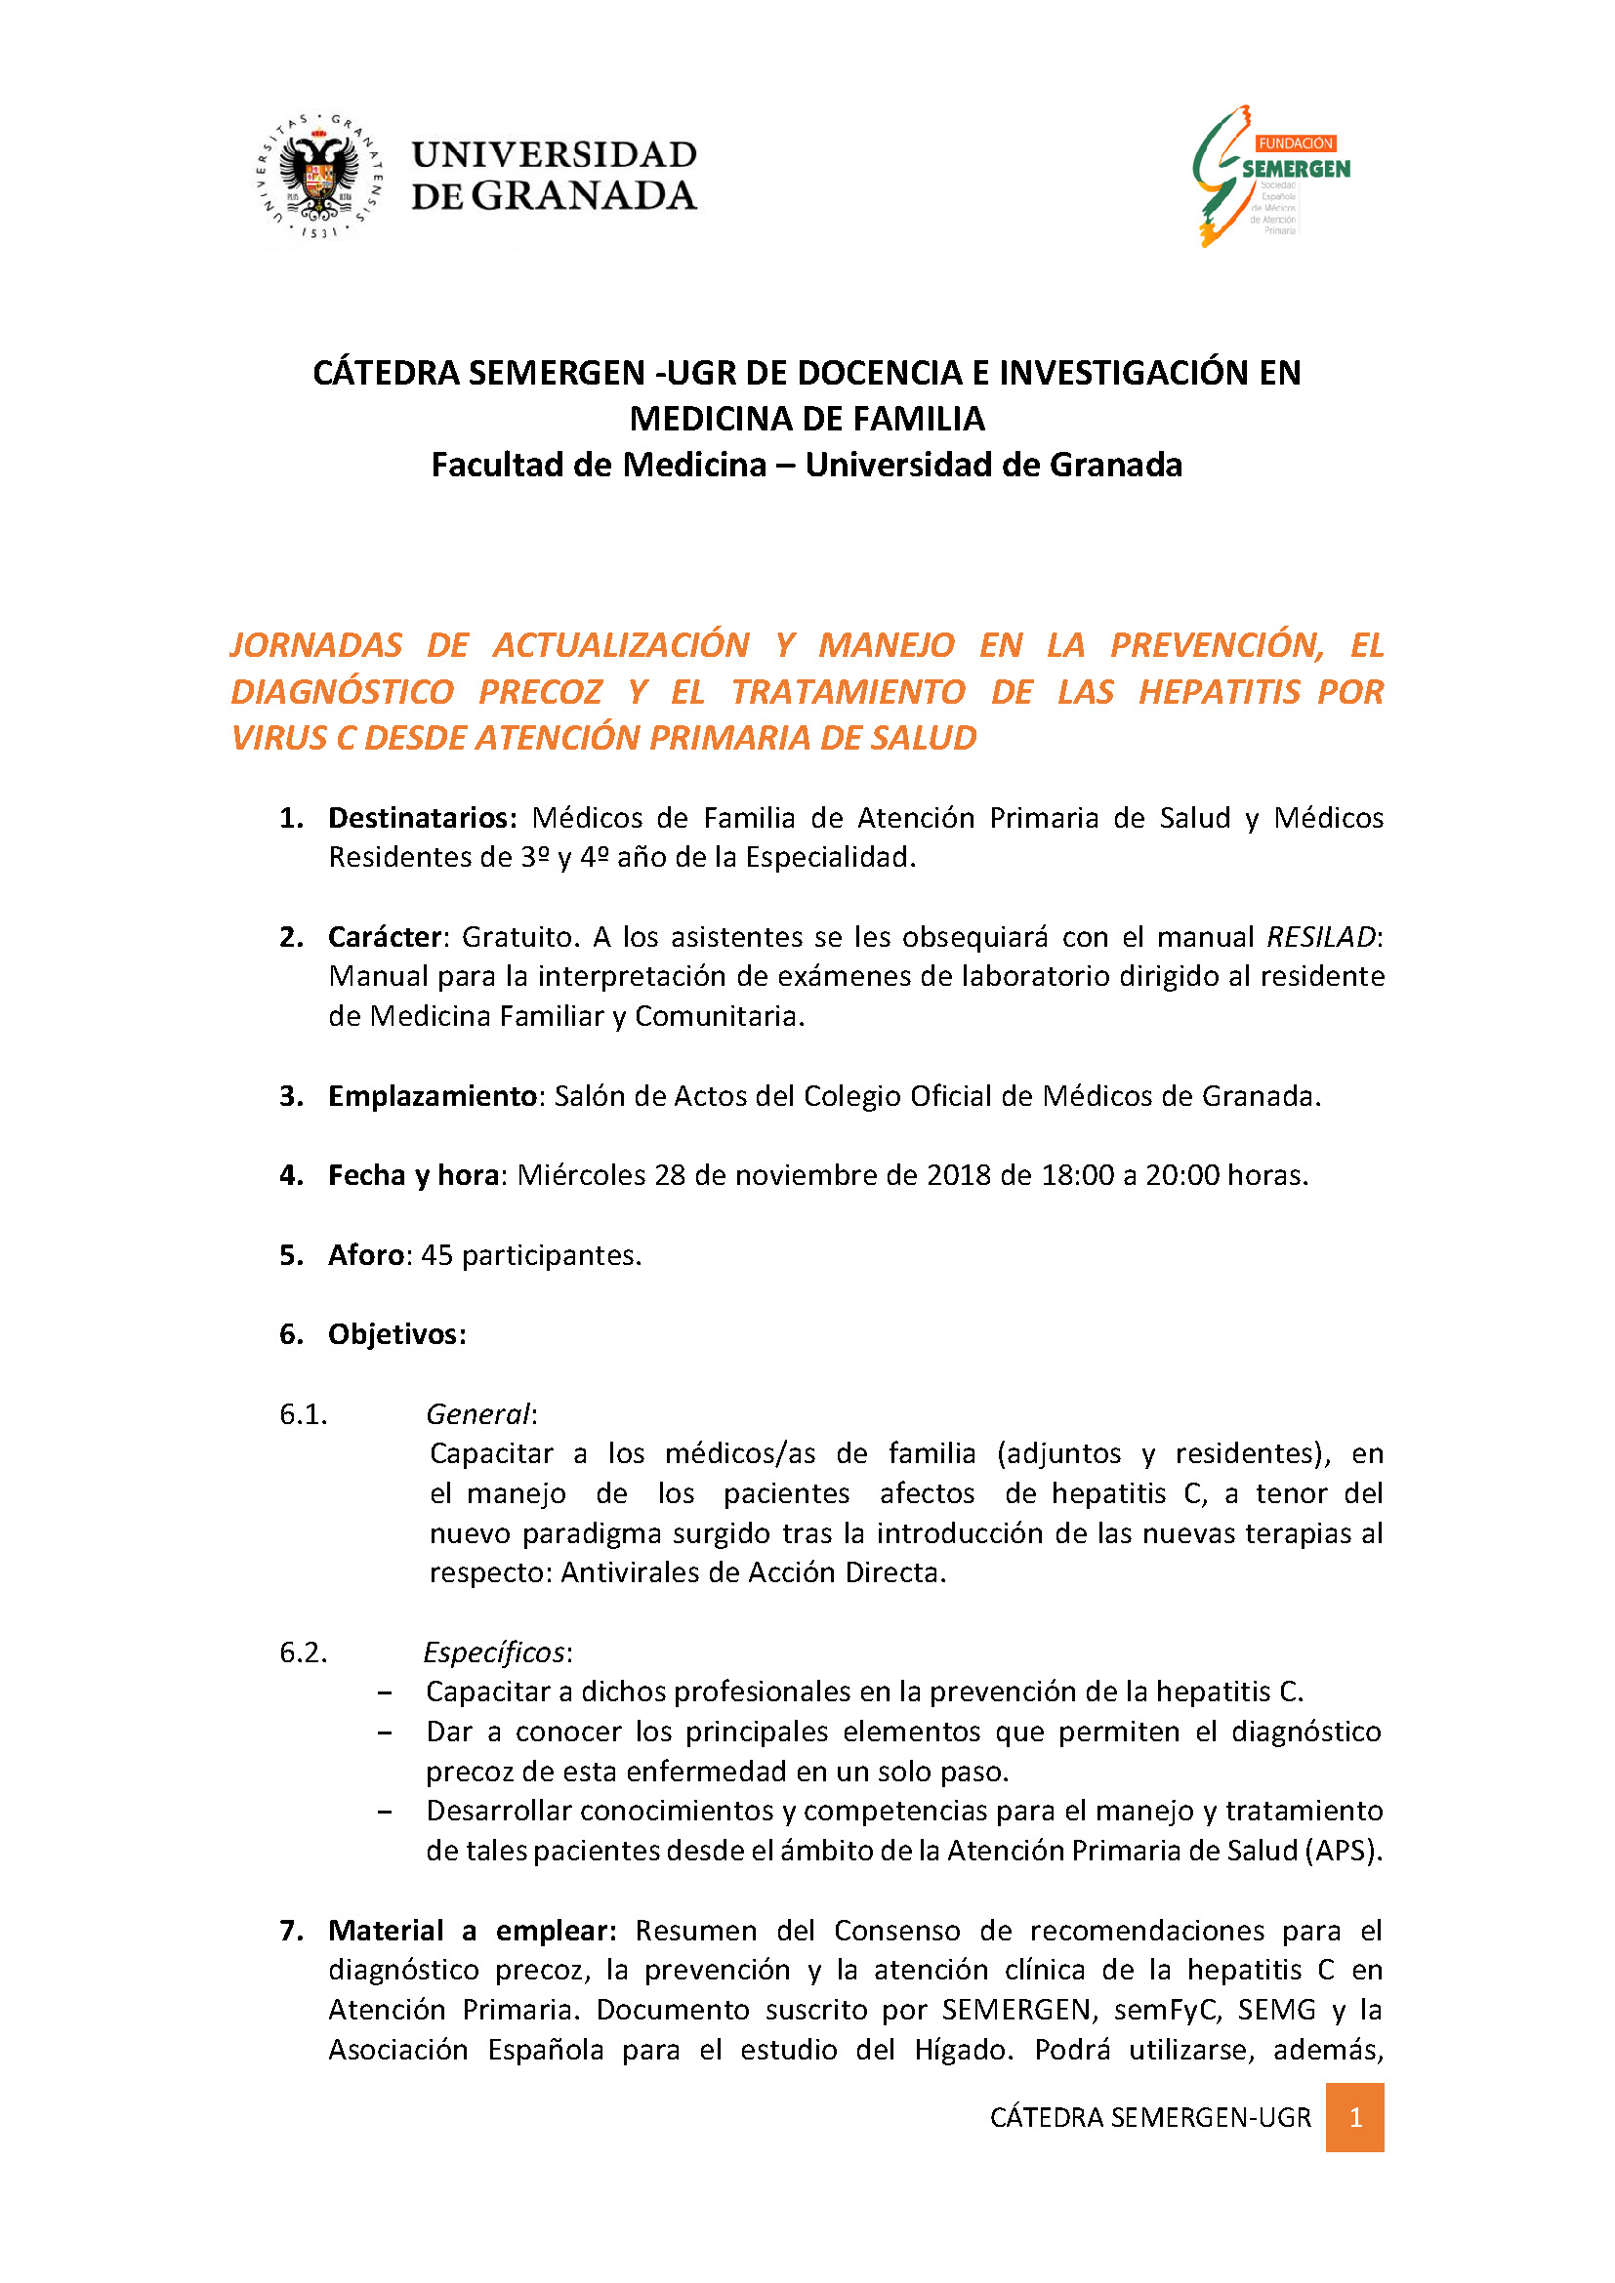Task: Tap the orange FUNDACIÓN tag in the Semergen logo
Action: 1295,143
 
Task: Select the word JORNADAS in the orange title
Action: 316,645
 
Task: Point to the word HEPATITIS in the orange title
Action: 1220,692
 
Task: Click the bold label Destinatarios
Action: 422,817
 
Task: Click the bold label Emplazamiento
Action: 433,1096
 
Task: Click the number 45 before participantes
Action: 436,1255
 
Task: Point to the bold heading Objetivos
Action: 396,1334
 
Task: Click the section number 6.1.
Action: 304,1414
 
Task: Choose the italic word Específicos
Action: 494,1652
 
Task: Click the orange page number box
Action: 1354,2118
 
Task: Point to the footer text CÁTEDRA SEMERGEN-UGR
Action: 1149,2118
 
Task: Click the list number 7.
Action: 290,1931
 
